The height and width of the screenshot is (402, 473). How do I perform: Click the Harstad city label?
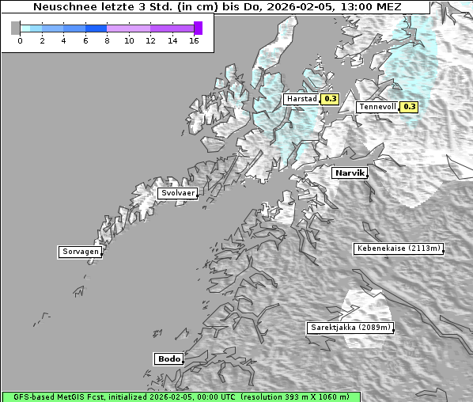[x=302, y=100]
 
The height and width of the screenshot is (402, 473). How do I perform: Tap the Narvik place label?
[x=349, y=173]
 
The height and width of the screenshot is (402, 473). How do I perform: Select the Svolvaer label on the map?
[x=176, y=193]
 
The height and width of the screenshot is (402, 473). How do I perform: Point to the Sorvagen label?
[x=80, y=252]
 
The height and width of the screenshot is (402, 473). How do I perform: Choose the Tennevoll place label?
[x=377, y=107]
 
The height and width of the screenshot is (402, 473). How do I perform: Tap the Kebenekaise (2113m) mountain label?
[x=398, y=248]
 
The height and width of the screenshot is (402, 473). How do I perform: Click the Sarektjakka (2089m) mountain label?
[x=349, y=328]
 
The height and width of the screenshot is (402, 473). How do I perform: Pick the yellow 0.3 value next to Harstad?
[x=331, y=100]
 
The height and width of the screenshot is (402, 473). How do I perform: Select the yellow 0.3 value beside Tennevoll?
[x=408, y=107]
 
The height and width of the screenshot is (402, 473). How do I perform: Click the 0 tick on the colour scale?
[x=20, y=40]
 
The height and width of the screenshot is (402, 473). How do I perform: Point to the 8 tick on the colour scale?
[x=107, y=40]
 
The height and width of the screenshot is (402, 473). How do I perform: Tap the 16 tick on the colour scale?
[x=194, y=40]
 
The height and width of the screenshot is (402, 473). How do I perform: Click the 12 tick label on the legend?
[x=150, y=40]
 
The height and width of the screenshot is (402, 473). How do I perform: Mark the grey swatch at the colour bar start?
[x=16, y=28]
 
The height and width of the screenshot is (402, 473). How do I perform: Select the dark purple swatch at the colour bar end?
[x=198, y=28]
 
